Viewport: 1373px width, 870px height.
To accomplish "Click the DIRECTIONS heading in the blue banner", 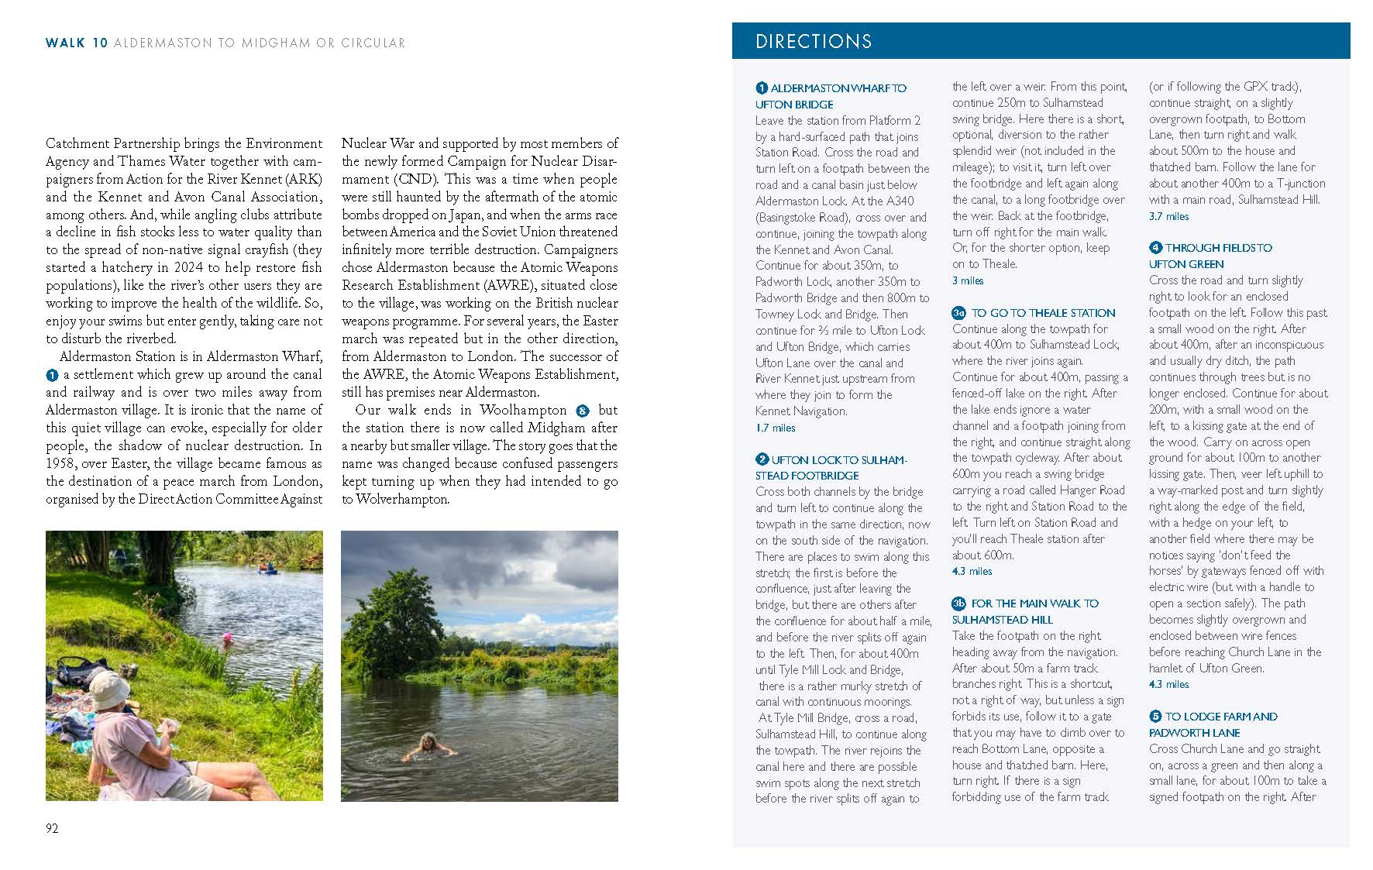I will tap(813, 42).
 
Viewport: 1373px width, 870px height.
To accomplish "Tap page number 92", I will tap(52, 828).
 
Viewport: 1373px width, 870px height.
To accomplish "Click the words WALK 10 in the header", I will tap(77, 43).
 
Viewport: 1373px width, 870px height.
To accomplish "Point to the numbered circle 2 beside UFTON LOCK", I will tap(762, 459).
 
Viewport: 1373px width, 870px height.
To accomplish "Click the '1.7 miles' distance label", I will tap(775, 428).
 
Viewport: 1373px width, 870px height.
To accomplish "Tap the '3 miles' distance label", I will tap(968, 280).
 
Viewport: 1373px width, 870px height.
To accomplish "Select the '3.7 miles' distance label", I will tap(1168, 216).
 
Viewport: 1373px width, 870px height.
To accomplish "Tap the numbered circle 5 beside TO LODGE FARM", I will tap(1155, 717).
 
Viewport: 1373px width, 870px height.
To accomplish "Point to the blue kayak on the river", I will tap(268, 569).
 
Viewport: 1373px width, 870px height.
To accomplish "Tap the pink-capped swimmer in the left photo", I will tap(227, 638).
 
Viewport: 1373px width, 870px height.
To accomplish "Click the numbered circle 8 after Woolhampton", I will tap(583, 411).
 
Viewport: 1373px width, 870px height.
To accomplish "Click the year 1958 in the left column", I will tap(60, 463).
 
